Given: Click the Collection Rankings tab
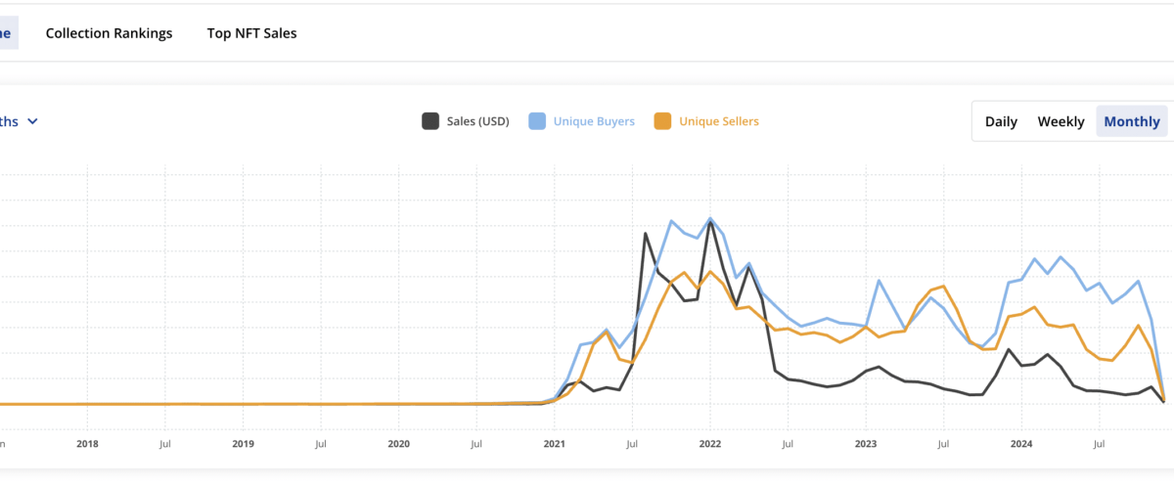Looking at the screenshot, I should [109, 33].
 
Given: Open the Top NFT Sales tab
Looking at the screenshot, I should [251, 33].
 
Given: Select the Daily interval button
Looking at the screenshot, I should [1001, 121].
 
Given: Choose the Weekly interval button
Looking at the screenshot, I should [1061, 121].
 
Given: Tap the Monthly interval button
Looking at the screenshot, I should [1132, 121].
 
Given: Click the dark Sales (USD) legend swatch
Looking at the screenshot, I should [429, 121].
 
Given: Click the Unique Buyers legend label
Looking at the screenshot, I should [594, 121].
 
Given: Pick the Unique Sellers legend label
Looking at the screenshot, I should [718, 121].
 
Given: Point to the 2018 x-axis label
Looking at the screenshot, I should [87, 443].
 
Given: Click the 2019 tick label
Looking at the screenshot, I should [243, 443].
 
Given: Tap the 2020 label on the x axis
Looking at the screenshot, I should [398, 443].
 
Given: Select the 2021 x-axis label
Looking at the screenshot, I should [554, 443].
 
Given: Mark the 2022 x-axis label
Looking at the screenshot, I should [709, 443].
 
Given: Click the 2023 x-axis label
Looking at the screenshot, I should [865, 443].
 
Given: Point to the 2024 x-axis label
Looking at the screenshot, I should [1020, 443].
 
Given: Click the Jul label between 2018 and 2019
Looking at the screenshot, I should [165, 443].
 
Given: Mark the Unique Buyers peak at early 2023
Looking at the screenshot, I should [879, 281].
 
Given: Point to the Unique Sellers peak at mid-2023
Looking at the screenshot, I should [943, 286].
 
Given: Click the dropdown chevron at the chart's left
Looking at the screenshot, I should [32, 121].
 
